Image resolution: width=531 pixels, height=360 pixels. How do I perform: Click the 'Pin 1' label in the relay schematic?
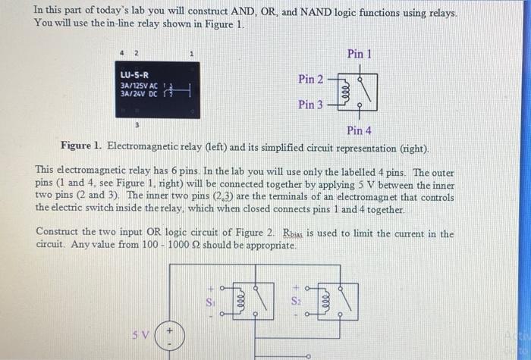click(360, 54)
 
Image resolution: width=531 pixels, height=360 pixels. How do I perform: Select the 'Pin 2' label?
click(311, 79)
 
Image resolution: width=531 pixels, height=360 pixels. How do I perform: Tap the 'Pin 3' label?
click(311, 104)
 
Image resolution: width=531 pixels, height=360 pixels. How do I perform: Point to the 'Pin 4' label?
click(358, 130)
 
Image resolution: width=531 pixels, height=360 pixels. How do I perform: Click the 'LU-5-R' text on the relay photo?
click(134, 75)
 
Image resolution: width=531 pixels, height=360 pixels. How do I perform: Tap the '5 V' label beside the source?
click(141, 334)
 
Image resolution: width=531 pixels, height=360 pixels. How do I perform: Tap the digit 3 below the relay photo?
click(137, 122)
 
